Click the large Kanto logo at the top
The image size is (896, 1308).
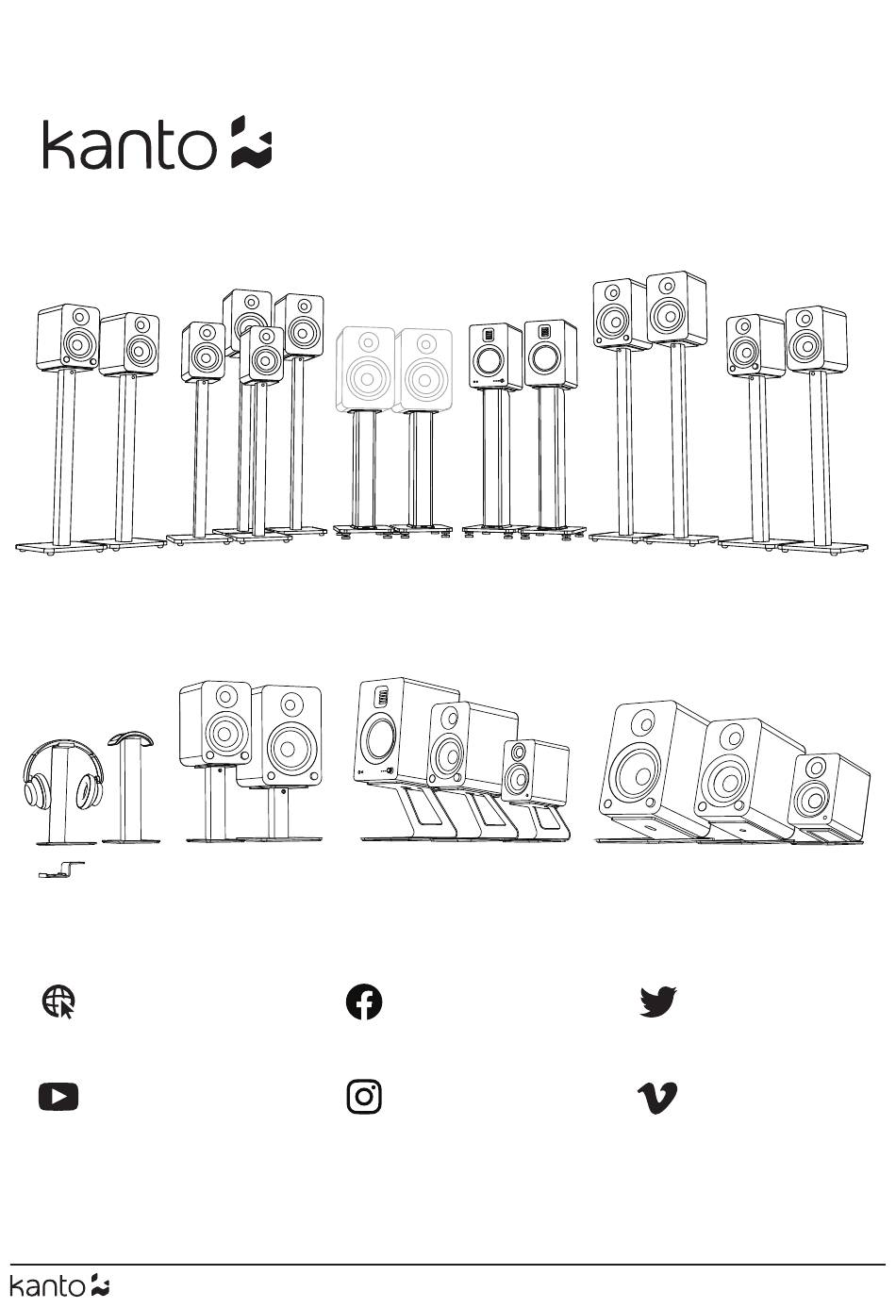point(158,143)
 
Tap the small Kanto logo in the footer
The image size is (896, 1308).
point(59,1286)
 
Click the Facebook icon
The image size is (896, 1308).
point(364,1002)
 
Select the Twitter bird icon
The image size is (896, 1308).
point(658,1002)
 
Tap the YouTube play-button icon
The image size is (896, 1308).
point(58,1097)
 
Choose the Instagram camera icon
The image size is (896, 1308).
point(364,1097)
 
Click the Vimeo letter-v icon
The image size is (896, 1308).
point(657,1098)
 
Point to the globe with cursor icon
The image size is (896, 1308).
point(59,1002)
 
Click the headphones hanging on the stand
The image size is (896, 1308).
point(64,772)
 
